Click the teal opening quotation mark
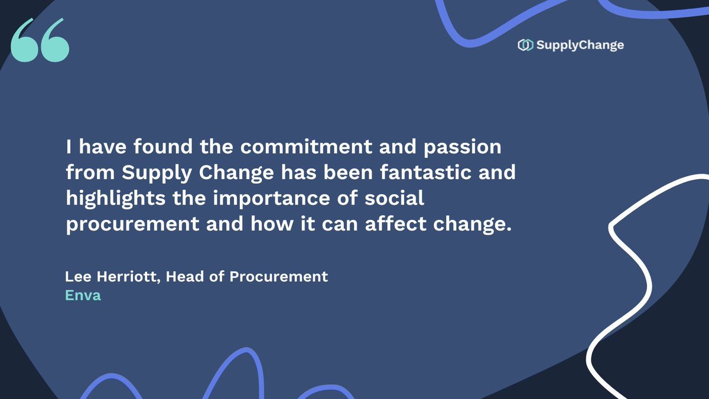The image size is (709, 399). tap(40, 40)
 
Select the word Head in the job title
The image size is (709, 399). tap(185, 276)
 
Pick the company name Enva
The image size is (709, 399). tap(83, 296)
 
